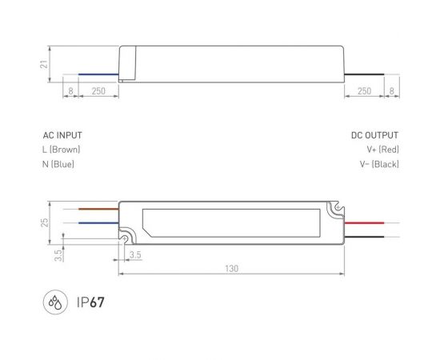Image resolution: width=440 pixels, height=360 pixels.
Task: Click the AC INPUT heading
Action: pos(62,136)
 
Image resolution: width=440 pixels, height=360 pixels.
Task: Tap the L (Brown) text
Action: pos(62,150)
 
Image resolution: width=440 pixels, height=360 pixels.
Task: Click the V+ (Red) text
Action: pos(382,150)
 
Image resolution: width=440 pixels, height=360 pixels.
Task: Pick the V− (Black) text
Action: pos(379,164)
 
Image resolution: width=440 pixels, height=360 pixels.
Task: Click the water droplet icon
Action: pos(53,303)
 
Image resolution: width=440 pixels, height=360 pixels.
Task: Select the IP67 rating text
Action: pos(92,303)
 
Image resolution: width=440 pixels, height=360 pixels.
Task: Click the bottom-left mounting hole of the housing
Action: pos(126,237)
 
